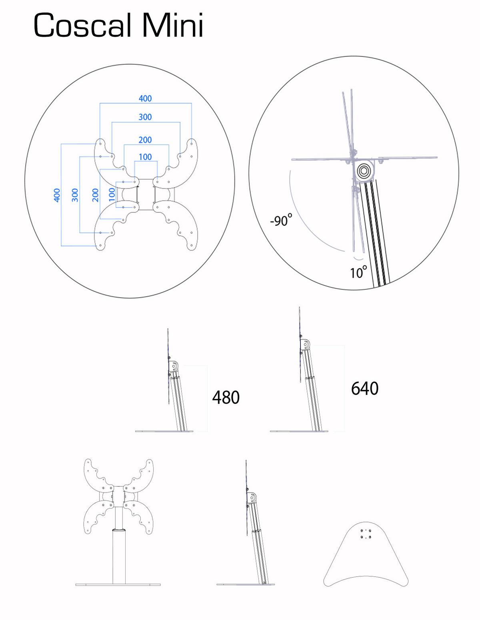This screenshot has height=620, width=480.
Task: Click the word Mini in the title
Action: click(172, 25)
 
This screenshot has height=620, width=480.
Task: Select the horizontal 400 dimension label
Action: click(145, 98)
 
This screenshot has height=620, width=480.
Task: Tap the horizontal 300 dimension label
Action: click(145, 117)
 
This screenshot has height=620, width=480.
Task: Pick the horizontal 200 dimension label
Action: click(145, 140)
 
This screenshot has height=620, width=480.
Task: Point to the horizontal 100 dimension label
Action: click(145, 157)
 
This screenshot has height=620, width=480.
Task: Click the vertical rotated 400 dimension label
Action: click(57, 195)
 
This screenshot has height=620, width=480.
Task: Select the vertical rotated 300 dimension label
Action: click(75, 195)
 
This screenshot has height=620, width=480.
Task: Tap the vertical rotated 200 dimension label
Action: click(95, 195)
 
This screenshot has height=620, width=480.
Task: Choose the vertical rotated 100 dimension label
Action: click(112, 195)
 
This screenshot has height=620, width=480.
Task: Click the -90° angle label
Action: click(281, 220)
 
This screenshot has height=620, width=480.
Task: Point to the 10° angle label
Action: click(358, 272)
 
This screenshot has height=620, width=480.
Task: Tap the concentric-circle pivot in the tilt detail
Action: click(364, 171)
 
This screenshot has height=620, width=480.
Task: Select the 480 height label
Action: click(226, 397)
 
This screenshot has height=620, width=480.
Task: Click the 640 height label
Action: click(365, 388)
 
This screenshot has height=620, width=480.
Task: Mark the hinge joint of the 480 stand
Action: click(174, 366)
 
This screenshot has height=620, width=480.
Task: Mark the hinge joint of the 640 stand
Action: click(305, 345)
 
